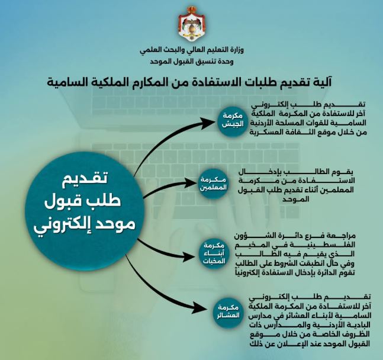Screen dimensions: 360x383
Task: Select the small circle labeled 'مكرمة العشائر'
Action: tap(232, 312)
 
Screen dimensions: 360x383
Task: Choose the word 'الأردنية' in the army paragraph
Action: tap(265, 124)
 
